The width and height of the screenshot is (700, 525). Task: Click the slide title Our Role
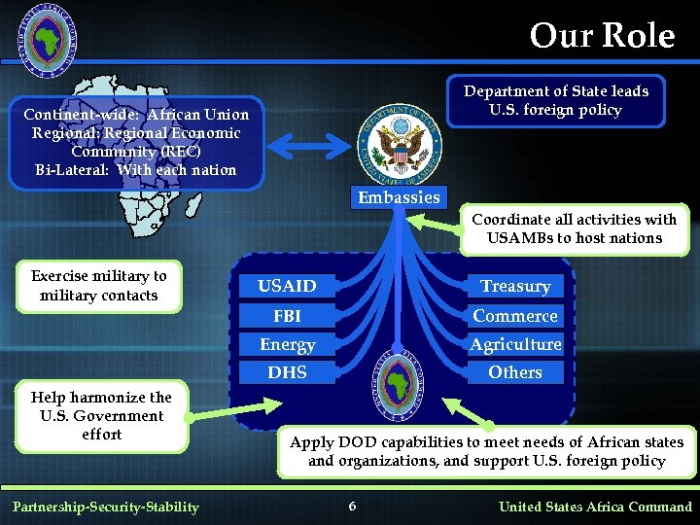(x=602, y=36)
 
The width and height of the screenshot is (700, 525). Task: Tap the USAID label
(x=287, y=286)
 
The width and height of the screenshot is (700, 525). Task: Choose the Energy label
(x=287, y=344)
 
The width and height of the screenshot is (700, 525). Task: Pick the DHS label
(x=287, y=372)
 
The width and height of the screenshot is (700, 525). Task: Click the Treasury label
(x=515, y=286)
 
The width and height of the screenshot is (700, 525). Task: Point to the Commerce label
(x=515, y=316)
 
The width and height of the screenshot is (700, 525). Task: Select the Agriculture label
(x=515, y=344)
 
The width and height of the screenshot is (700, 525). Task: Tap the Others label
(x=515, y=372)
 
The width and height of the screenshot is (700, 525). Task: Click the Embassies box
(x=399, y=197)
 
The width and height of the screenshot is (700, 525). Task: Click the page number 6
(x=352, y=506)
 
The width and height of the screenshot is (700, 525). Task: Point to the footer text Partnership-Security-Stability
(x=105, y=506)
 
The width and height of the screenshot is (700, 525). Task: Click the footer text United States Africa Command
(x=595, y=506)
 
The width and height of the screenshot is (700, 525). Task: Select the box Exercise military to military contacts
(x=99, y=286)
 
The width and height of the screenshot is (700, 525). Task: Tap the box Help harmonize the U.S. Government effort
(x=101, y=415)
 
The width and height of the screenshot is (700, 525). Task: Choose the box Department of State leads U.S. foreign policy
(x=555, y=100)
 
